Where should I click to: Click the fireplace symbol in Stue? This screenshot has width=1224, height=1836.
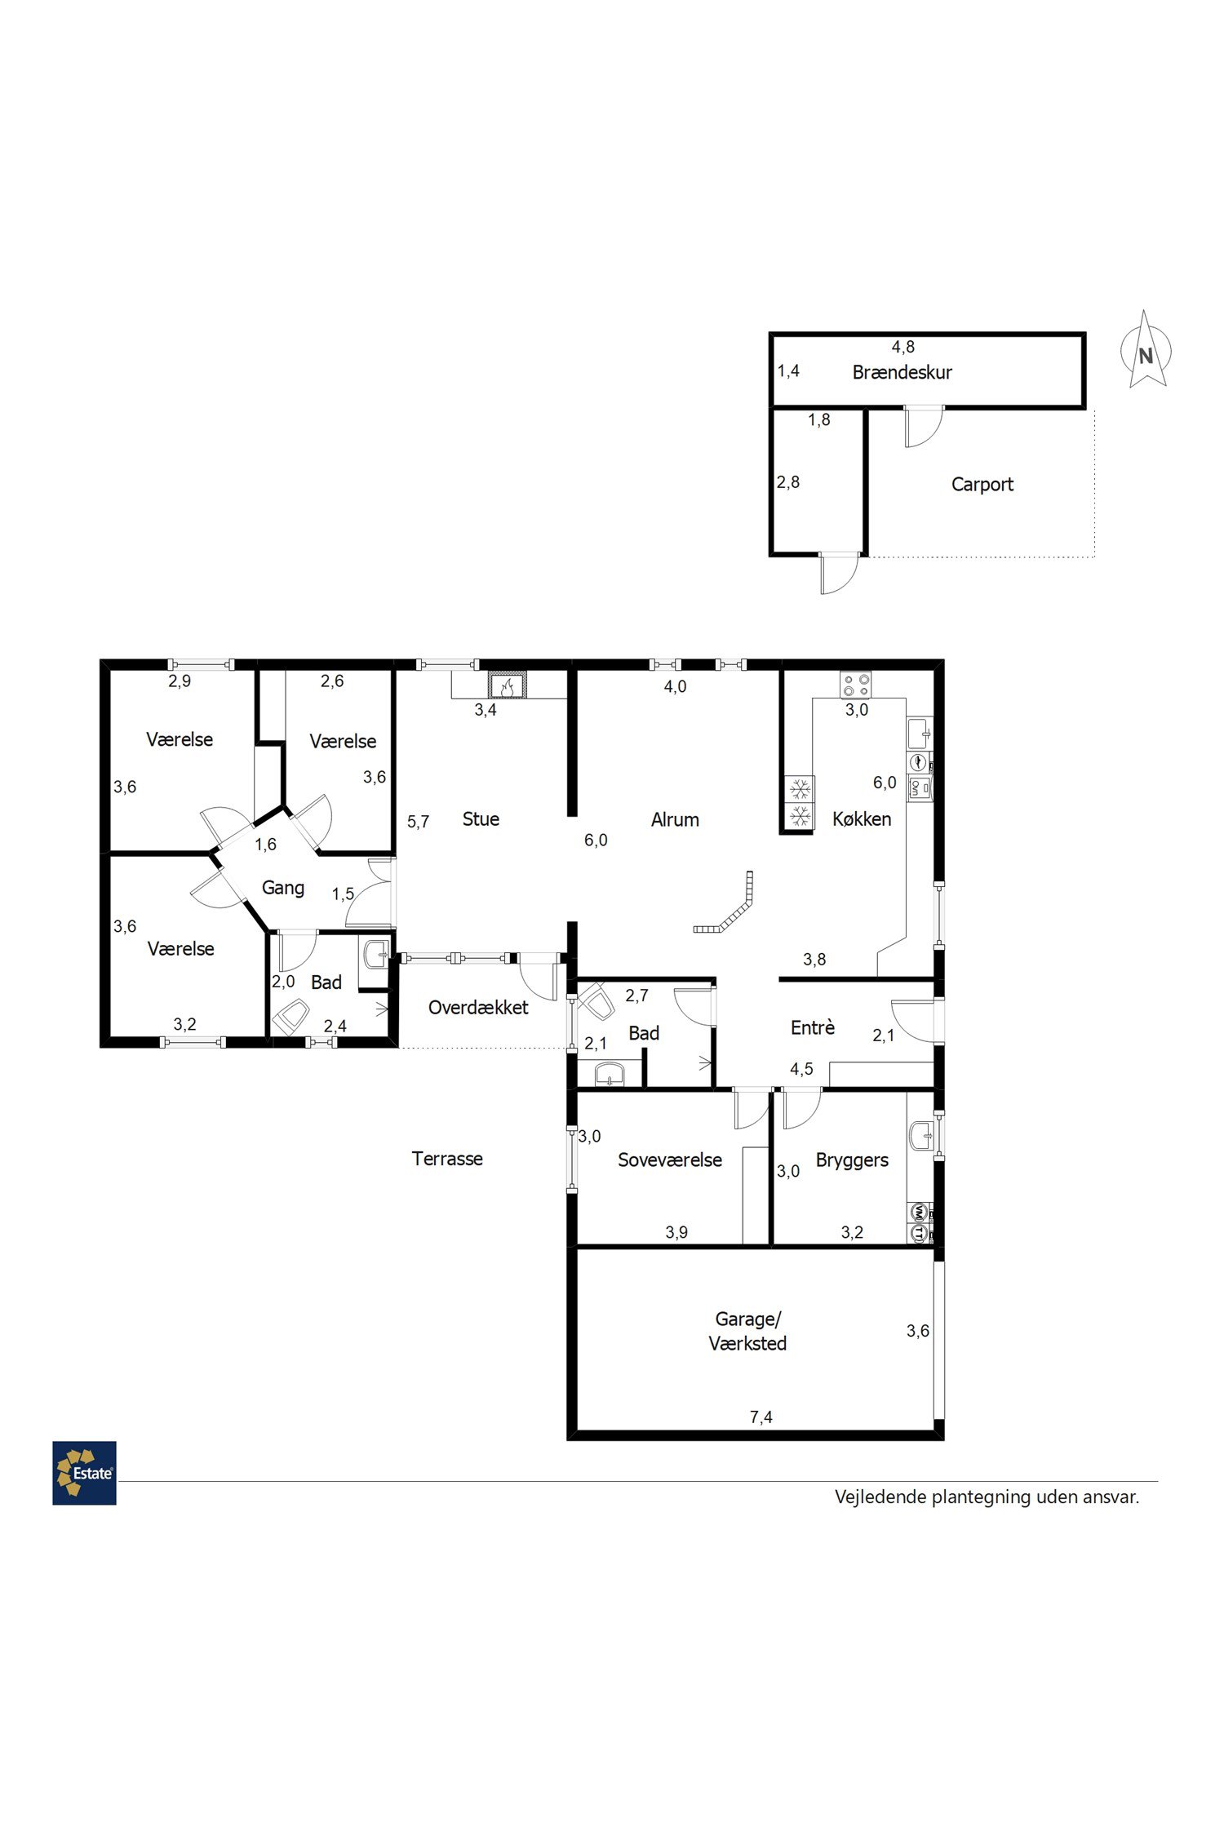[x=507, y=685]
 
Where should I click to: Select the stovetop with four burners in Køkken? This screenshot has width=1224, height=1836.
[x=856, y=685]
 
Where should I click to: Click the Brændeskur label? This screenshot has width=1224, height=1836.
[x=902, y=372]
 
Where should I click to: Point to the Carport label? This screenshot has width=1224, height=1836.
[x=982, y=484]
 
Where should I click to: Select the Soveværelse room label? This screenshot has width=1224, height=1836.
[x=670, y=1160]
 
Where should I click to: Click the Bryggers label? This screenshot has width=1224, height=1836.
[x=852, y=1160]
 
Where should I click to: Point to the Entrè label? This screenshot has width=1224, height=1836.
[x=813, y=1027]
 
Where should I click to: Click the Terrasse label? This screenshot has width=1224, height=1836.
[x=447, y=1159]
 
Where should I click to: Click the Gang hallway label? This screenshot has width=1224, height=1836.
[x=283, y=888]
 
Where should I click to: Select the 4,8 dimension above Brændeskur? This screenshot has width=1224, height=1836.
[x=903, y=347]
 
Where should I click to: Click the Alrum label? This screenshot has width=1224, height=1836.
[x=675, y=819]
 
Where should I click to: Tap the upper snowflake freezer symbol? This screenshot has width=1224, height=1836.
[x=800, y=788]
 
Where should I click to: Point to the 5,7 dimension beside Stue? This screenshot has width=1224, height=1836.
[x=419, y=822]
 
